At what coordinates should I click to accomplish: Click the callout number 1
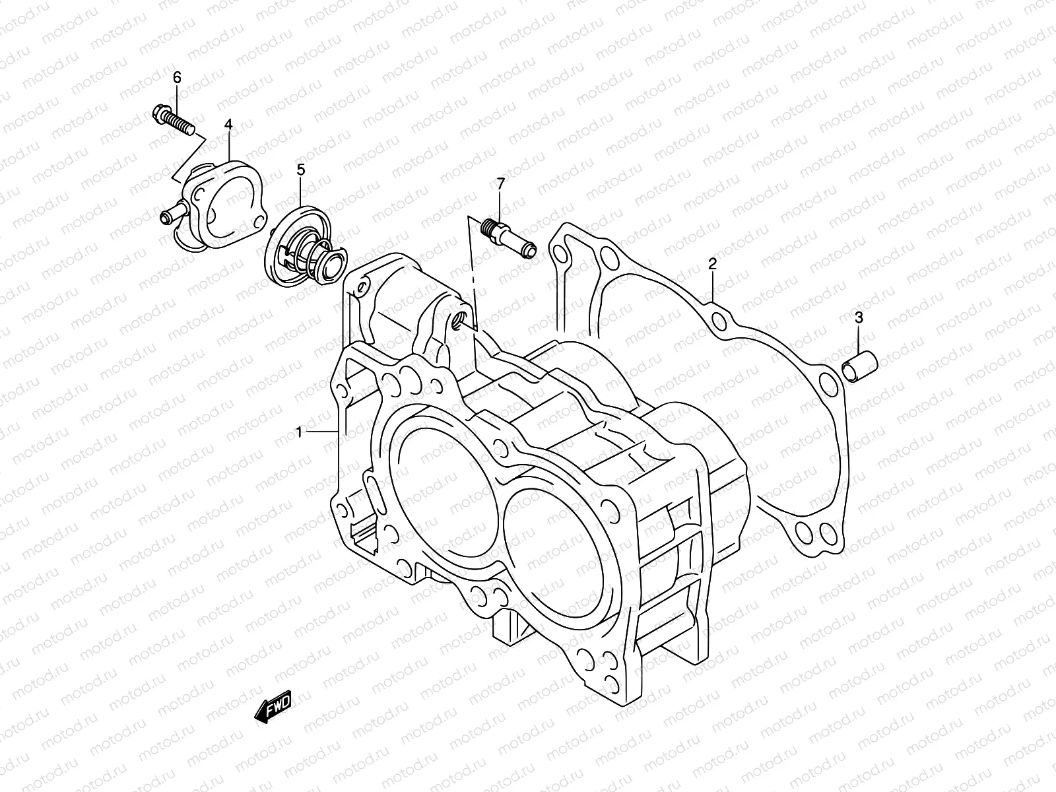[299, 432]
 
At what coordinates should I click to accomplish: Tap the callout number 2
[712, 265]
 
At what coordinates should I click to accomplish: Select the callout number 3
[859, 317]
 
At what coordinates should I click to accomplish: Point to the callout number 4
[228, 124]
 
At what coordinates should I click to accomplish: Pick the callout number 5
[300, 170]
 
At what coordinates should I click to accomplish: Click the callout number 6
[177, 78]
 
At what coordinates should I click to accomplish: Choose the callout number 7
[500, 183]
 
